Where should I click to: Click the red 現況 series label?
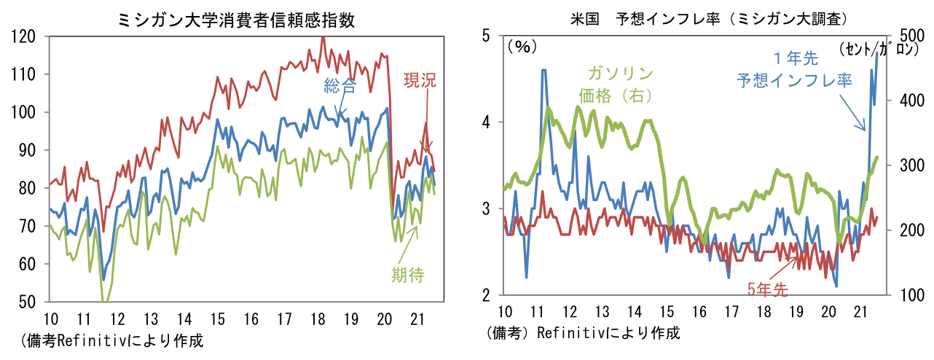click(419, 80)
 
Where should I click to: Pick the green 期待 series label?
click(407, 275)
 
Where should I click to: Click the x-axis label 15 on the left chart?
click(218, 318)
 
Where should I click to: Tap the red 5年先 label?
click(767, 289)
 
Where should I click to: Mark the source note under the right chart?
click(582, 333)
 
